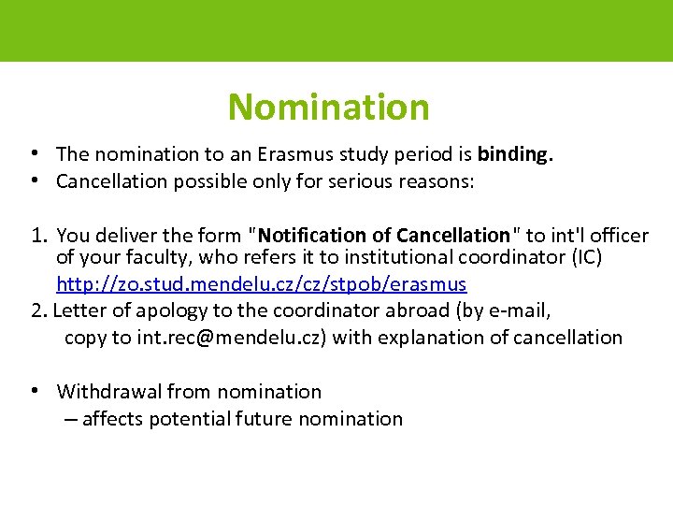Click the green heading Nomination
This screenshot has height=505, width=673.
point(328,108)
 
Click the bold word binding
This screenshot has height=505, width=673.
point(514,153)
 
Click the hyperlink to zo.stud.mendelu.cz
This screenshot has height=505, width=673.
point(261,282)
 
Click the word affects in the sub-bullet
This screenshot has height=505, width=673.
point(113,419)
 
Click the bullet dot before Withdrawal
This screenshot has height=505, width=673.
point(33,391)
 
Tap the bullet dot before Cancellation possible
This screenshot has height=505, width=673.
point(33,180)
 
